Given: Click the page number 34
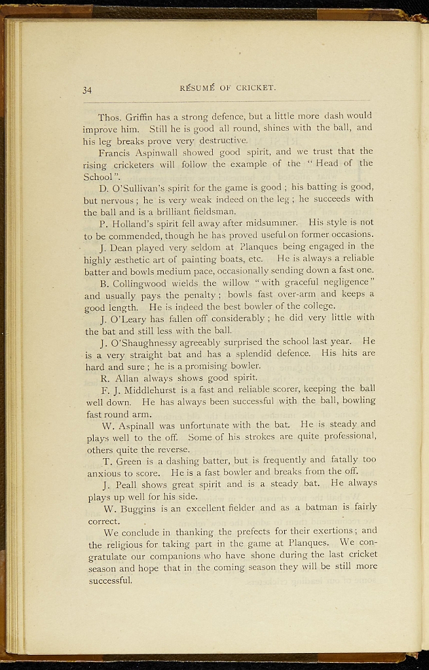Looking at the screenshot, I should (88, 90).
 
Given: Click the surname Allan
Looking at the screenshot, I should (134, 378).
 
